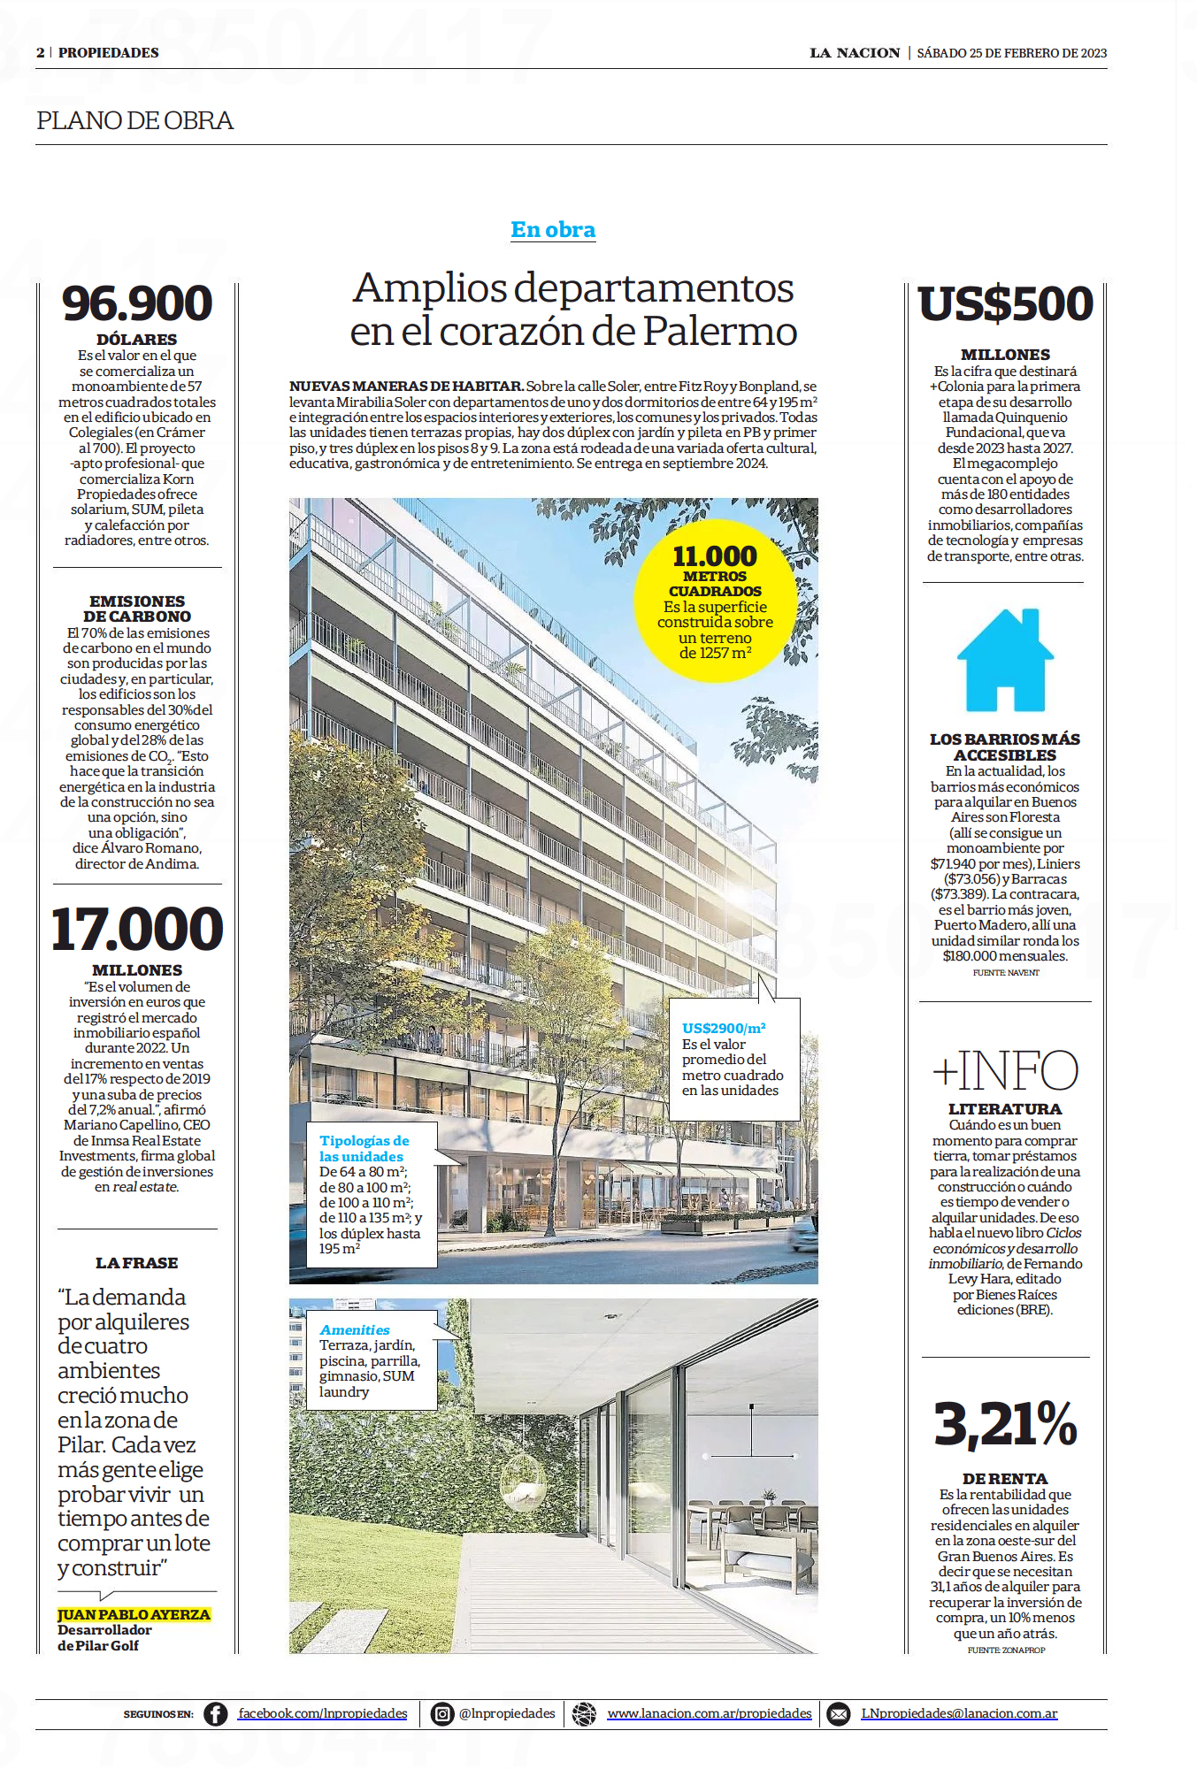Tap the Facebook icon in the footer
point(215,1714)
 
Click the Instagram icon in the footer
point(441,1714)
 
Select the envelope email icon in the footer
point(837,1714)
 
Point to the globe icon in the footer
point(584,1714)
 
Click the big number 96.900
point(137,303)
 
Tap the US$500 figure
point(1006,303)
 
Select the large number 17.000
point(137,929)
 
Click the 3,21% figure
point(1005,1424)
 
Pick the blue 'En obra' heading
point(553,230)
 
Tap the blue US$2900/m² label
point(724,1028)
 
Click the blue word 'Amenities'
point(355,1330)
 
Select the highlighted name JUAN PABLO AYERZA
point(134,1614)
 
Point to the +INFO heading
point(1005,1070)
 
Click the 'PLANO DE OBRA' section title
point(135,120)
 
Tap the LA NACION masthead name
point(855,53)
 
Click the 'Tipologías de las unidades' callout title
point(364,1149)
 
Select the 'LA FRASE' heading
point(137,1263)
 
